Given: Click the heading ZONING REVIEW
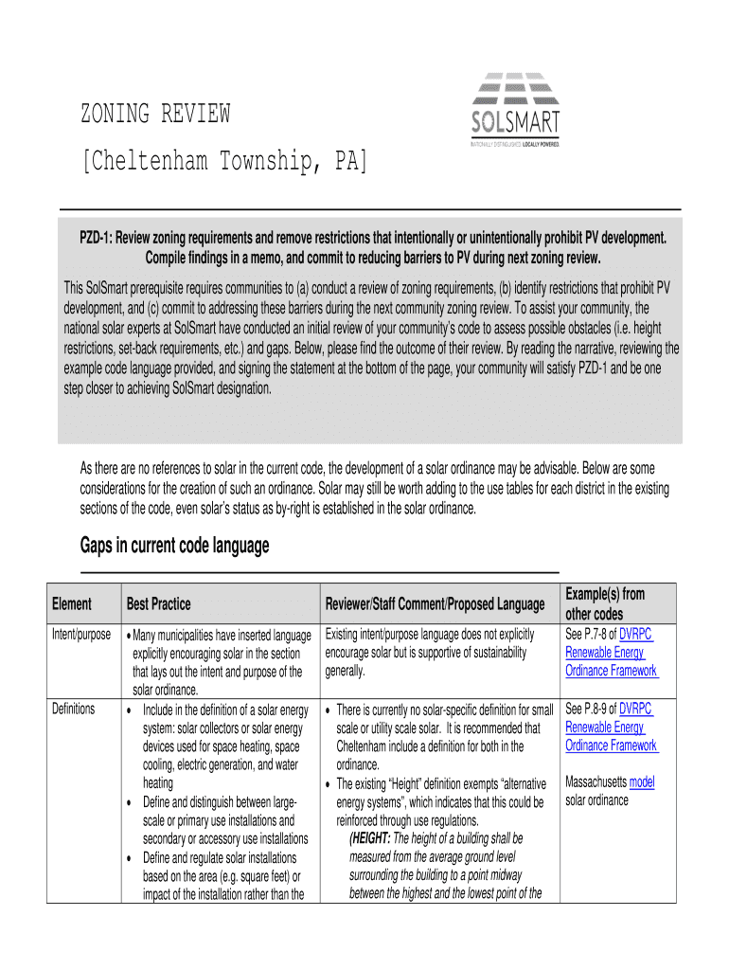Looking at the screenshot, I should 154,115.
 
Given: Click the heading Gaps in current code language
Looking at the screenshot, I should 175,546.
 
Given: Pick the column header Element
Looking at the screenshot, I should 72,603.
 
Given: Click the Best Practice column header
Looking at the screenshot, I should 158,603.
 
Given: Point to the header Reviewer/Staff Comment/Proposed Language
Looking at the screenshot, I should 435,603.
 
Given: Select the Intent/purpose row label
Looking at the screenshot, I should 80,634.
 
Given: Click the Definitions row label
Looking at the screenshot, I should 73,709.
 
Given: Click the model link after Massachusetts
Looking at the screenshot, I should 641,782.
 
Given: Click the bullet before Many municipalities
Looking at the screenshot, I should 129,636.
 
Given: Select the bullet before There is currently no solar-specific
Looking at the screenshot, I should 328,710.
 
